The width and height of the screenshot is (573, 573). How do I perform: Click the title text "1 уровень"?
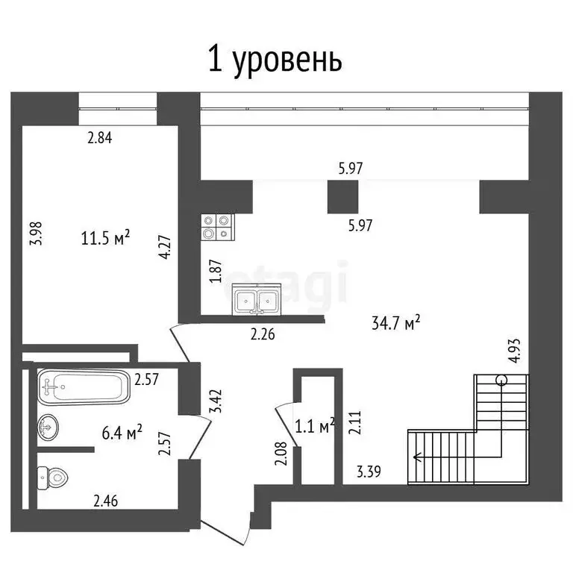pos(274,60)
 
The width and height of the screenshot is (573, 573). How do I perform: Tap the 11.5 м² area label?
pos(105,238)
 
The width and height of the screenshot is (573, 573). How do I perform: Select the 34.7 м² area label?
pos(395,322)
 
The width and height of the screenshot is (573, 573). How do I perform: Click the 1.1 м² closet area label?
pos(315,426)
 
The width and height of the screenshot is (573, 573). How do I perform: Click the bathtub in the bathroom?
pos(84,386)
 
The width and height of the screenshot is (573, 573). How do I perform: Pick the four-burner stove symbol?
pos(218,227)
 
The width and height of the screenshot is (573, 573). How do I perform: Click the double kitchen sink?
pos(256,301)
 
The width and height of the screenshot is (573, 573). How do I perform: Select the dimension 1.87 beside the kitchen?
pos(216,269)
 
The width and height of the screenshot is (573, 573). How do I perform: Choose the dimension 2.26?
pos(263,334)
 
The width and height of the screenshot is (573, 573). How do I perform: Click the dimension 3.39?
pos(370,471)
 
